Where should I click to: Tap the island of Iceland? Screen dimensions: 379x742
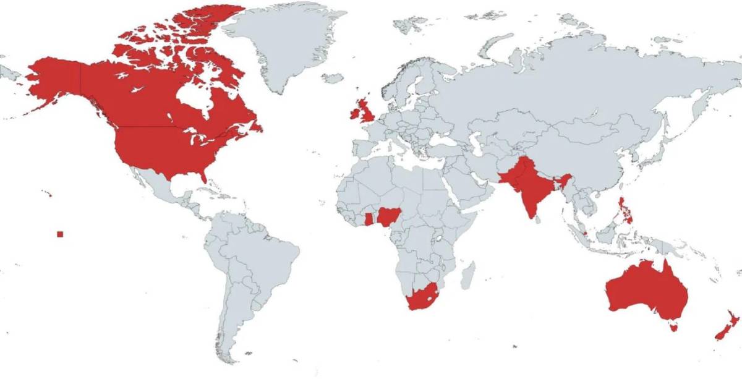tap(333, 79)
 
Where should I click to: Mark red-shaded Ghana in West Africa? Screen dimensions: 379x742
tap(370, 219)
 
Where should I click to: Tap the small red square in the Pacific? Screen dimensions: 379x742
tap(59, 234)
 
